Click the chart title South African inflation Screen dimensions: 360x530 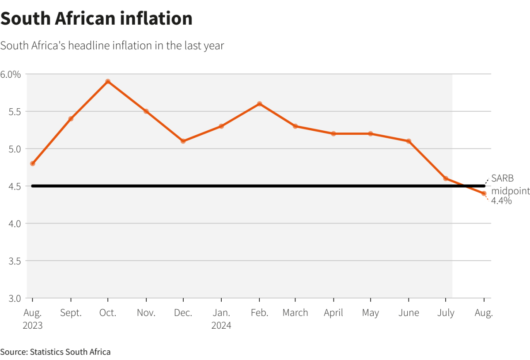coord(96,19)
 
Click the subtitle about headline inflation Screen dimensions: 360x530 coord(112,45)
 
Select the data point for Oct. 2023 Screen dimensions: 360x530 coord(108,81)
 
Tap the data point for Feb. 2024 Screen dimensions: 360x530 coord(259,104)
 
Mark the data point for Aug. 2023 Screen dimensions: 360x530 coord(32,163)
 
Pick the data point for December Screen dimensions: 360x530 coord(183,141)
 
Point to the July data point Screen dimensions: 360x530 coord(446,178)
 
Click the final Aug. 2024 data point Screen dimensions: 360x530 coord(484,193)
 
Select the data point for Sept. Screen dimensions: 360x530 coord(71,118)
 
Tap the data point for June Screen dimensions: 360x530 coord(409,141)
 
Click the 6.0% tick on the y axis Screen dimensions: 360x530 coord(11,74)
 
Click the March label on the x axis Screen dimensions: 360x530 coord(295,313)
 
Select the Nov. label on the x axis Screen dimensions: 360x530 coord(146,313)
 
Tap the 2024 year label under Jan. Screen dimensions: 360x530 coord(221,326)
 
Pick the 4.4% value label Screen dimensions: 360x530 coord(501,201)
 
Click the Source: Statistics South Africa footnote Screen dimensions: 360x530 coord(55,352)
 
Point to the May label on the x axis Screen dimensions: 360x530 coord(371,313)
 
